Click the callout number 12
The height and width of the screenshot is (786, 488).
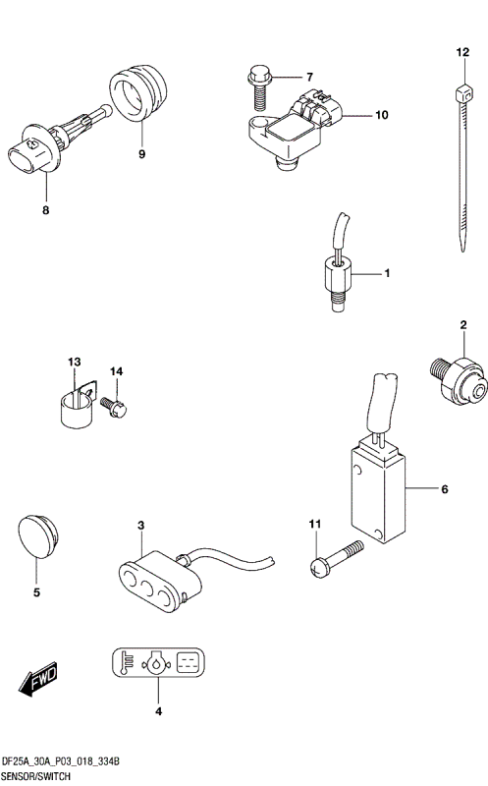coord(462,52)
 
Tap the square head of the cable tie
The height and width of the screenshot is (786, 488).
coord(464,93)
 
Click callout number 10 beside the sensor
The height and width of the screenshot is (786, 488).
coord(382,115)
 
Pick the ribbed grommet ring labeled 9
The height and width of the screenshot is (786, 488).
coord(138,92)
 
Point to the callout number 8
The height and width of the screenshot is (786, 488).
coord(45,210)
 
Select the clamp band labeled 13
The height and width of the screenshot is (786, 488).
coord(78,407)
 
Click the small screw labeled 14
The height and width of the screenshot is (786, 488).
coord(114,406)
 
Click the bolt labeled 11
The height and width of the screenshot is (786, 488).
coord(336,559)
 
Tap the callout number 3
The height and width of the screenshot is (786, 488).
coord(140,526)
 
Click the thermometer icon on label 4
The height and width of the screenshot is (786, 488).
coord(128,662)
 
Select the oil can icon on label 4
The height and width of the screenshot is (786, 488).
coord(157,662)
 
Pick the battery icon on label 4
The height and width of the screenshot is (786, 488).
coord(189,662)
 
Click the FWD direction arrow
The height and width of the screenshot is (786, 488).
coord(38,679)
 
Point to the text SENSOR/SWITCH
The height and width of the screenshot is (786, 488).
coord(36,777)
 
